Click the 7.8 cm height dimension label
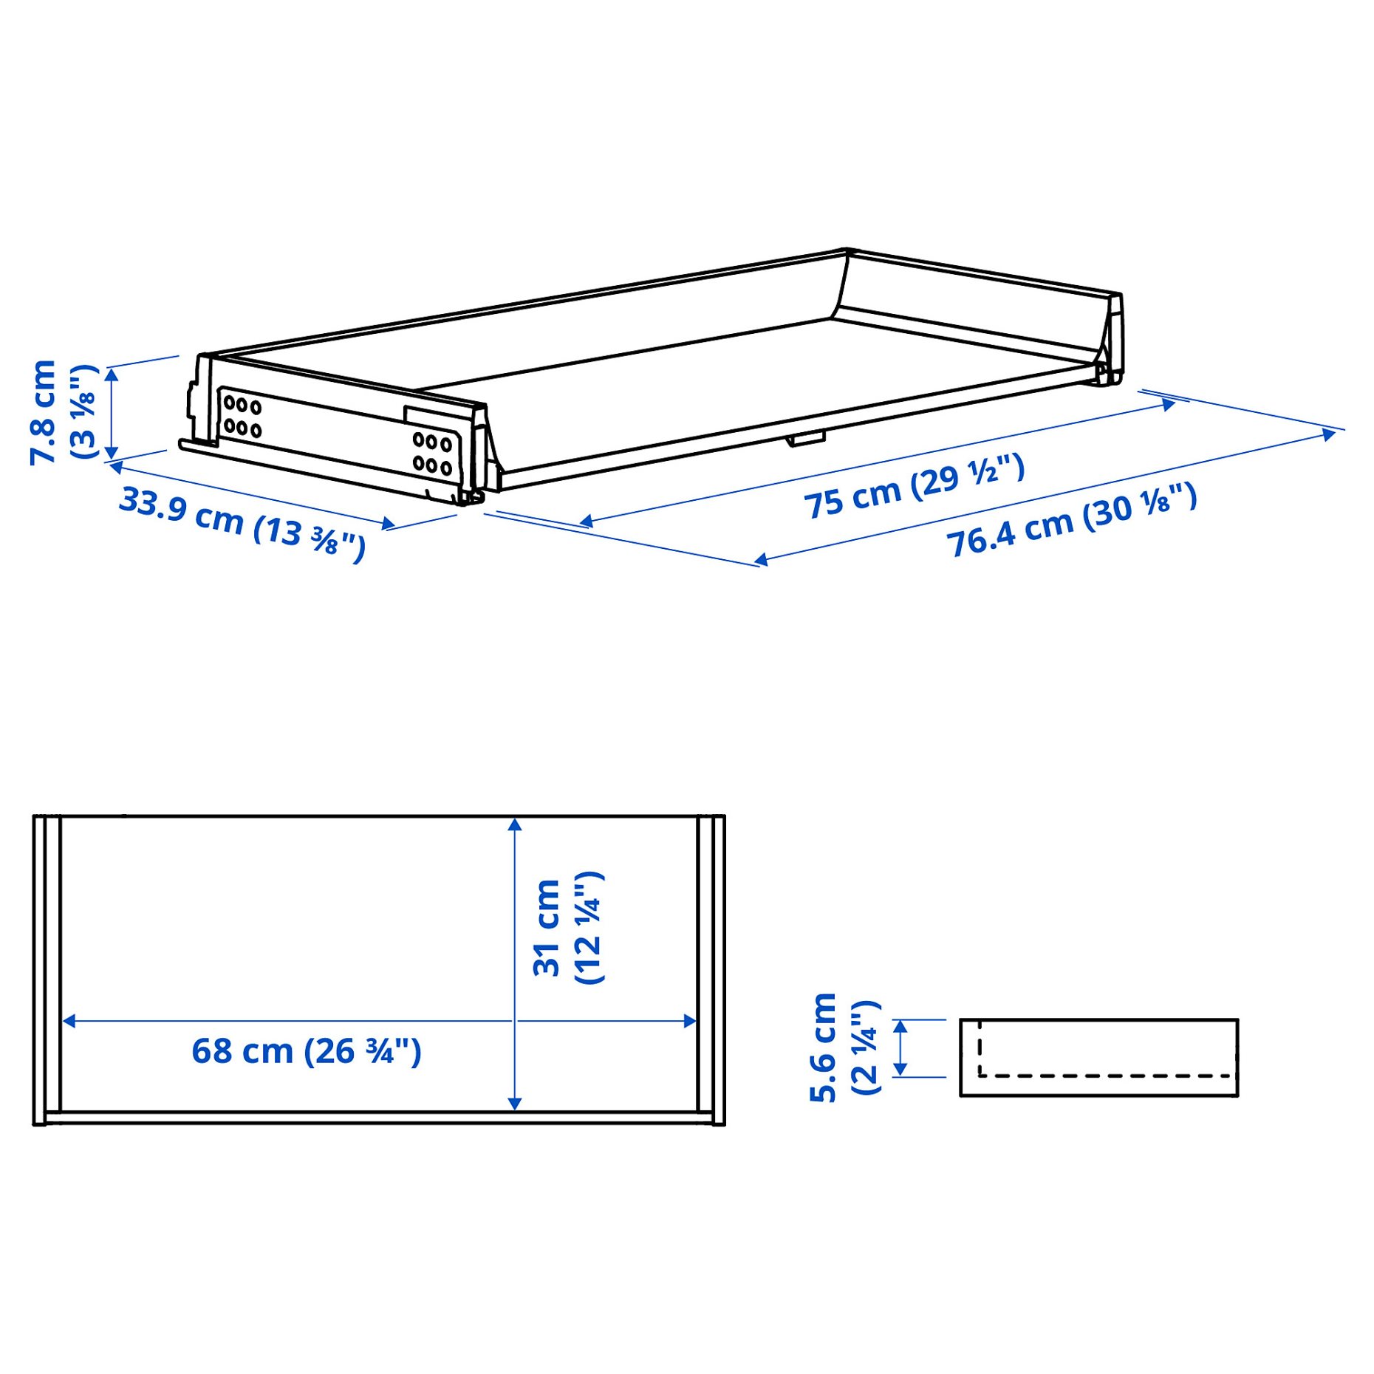[x=42, y=411]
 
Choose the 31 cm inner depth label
[x=547, y=928]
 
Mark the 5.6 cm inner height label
[x=823, y=1047]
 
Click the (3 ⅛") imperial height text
[x=83, y=411]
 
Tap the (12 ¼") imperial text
[x=589, y=928]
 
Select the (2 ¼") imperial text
[x=866, y=1047]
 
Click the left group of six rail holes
[x=242, y=417]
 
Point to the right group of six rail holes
[x=432, y=453]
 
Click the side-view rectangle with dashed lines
[x=1098, y=1057]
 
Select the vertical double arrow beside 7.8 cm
[x=112, y=413]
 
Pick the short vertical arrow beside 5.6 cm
[x=900, y=1047]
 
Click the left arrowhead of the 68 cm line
[x=69, y=1021]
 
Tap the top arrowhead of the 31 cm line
[x=515, y=824]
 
